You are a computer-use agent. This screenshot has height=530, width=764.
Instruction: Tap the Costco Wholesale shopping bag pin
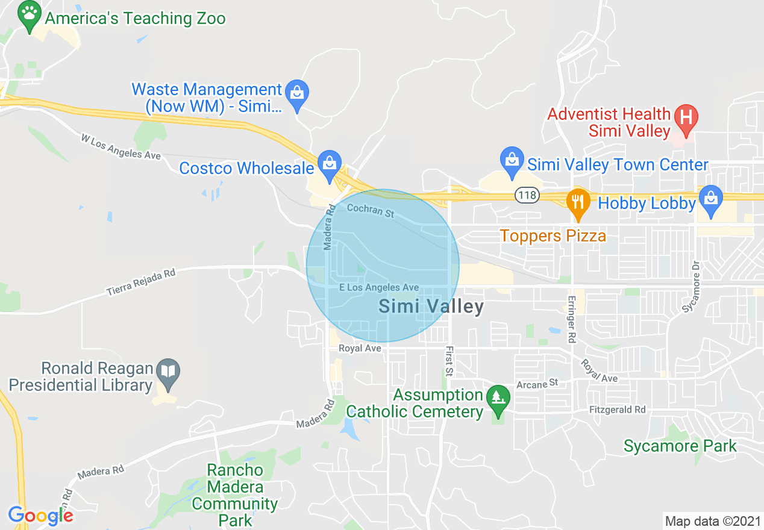coord(330,164)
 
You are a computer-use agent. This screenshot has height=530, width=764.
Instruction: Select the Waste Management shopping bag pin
coord(296,94)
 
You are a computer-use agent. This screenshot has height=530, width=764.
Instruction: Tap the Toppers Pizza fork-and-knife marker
coord(578,201)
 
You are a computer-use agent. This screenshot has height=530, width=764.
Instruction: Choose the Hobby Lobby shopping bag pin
coord(711,199)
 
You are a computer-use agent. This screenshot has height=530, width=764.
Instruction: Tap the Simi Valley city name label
coord(431,307)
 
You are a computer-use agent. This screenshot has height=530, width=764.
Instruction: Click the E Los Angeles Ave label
coord(378,288)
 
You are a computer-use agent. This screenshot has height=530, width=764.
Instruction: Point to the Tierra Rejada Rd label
coord(140,282)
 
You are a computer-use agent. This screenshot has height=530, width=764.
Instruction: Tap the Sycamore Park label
coord(680,446)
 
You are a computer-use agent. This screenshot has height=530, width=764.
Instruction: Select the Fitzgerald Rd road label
coord(617,410)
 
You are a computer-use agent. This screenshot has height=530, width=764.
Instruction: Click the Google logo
coord(41,516)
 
